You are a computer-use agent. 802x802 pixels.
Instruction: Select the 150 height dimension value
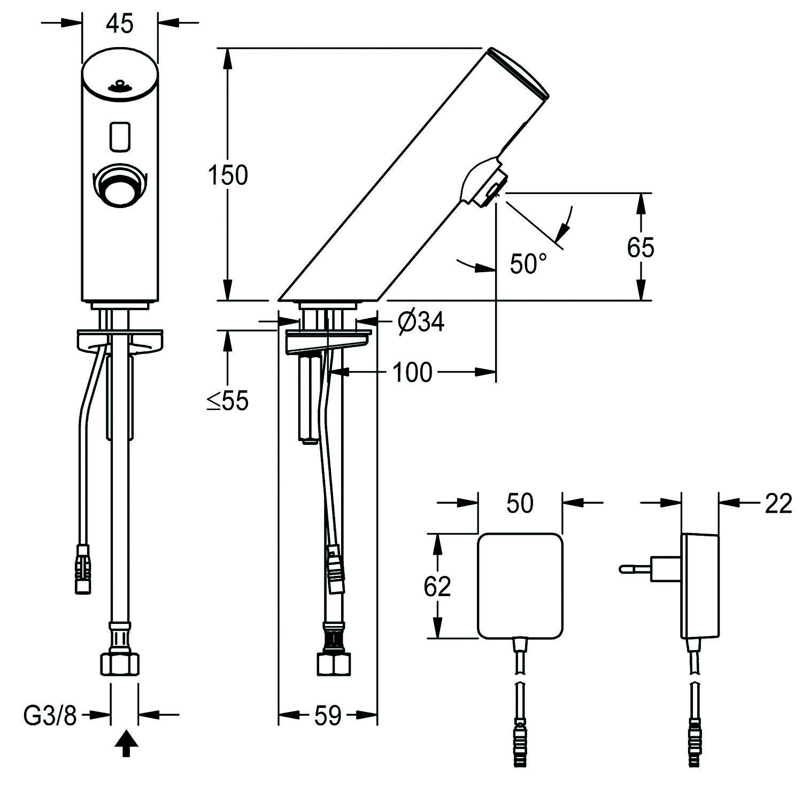pyautogui.click(x=228, y=175)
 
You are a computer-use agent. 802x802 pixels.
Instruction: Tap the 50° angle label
pyautogui.click(x=528, y=263)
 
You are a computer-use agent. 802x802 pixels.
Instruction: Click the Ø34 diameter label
pyautogui.click(x=421, y=322)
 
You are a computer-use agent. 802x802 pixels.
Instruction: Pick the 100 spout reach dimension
pyautogui.click(x=412, y=372)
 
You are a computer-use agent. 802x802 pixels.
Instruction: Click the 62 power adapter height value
pyautogui.click(x=437, y=586)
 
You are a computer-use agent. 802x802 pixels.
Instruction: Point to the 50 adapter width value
pyautogui.click(x=520, y=503)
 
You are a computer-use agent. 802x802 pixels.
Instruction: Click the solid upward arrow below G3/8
pyautogui.click(x=126, y=745)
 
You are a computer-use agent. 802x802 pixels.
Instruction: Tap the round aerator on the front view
pyautogui.click(x=120, y=187)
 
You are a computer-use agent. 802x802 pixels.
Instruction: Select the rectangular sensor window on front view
pyautogui.click(x=120, y=136)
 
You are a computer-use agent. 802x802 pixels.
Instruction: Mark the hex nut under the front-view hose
pyautogui.click(x=120, y=664)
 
